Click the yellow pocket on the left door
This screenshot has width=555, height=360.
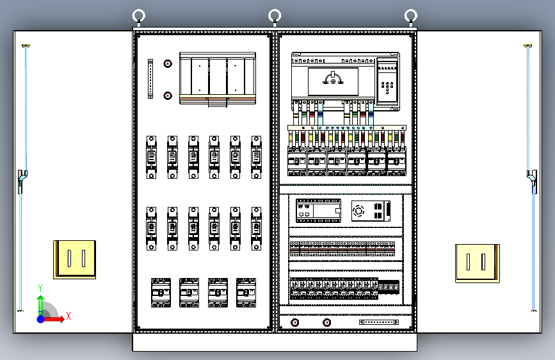75,259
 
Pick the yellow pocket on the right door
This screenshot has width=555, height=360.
477,263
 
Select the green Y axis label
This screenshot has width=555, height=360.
40,288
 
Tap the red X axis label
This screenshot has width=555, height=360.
68,316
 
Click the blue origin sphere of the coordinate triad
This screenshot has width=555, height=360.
41,318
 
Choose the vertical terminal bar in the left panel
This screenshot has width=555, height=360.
150,79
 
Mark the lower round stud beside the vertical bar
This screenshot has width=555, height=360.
168,96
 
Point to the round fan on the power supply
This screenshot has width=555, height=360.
359,210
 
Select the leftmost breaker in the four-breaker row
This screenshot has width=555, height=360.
161,293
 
